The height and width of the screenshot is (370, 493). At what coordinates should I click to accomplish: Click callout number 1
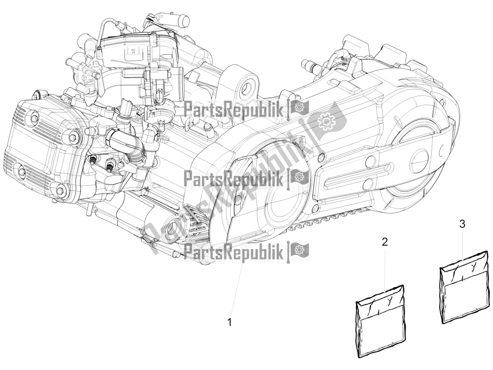pyautogui.click(x=230, y=322)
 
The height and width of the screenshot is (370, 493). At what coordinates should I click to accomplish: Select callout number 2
pyautogui.click(x=384, y=242)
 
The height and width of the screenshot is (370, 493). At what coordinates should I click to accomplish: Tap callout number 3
pyautogui.click(x=462, y=223)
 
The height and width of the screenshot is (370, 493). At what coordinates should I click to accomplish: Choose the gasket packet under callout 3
pyautogui.click(x=464, y=289)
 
